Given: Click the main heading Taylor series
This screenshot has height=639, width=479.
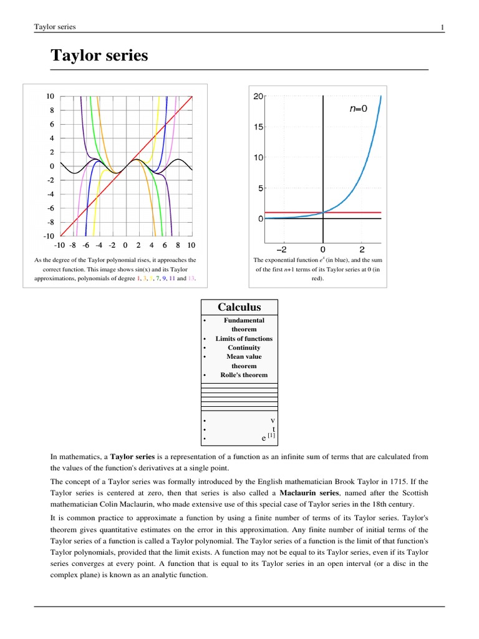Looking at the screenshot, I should tap(99, 56).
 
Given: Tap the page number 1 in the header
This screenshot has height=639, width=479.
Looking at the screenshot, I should tap(442, 27).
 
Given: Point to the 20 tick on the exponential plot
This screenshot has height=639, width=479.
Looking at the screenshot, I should tap(258, 97).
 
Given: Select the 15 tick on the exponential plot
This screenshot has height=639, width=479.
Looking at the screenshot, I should tap(258, 127).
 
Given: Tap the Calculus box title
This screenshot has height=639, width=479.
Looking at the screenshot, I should tap(239, 307).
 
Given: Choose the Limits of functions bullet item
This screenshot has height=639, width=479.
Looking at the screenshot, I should tap(244, 338).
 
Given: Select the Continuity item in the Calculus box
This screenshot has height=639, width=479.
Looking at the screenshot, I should tap(244, 348).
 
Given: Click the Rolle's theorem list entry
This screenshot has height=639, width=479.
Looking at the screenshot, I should tap(244, 375).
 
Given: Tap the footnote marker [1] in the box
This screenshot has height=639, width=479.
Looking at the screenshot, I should tap(271, 435).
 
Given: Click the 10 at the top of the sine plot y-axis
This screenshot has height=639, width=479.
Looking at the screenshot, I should tap(50, 97).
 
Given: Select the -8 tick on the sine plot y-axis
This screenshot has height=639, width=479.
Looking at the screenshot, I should tap(50, 222).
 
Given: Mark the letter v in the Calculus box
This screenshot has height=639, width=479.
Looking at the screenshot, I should tap(272, 420).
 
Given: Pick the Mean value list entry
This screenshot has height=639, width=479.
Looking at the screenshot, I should tap(244, 357).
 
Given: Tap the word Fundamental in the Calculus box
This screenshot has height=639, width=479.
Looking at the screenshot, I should tap(244, 320).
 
